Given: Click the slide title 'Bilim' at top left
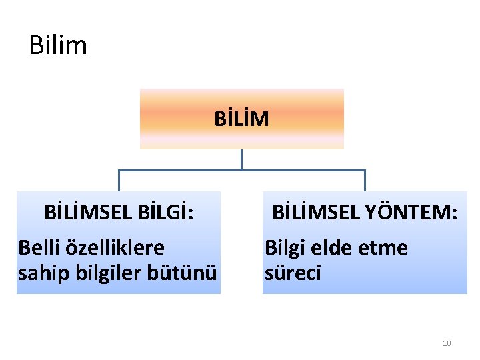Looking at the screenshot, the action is tap(59, 45).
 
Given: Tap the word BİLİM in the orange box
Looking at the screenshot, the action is tap(241, 119).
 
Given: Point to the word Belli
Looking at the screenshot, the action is tap(39, 248).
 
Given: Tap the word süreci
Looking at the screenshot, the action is tap(293, 273).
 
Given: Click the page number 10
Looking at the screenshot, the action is tap(447, 343).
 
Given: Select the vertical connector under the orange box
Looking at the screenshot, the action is tap(241, 159).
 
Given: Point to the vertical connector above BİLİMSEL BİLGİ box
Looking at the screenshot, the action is tap(119, 181).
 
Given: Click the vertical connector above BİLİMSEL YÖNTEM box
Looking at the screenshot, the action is tap(365, 181).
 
